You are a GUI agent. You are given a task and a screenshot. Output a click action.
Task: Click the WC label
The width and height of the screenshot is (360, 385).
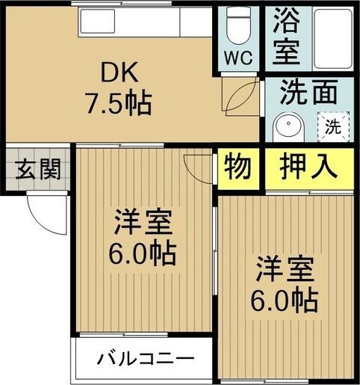point(238,57)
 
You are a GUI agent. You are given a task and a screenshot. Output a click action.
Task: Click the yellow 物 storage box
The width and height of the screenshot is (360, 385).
point(238,166)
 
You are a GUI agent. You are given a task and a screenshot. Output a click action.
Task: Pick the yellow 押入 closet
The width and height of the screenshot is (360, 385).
point(308,166)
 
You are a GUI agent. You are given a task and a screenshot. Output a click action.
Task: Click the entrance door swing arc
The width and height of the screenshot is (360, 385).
point(41,213)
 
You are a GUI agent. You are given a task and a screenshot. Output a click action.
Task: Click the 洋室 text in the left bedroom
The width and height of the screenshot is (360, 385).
point(144,222)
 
